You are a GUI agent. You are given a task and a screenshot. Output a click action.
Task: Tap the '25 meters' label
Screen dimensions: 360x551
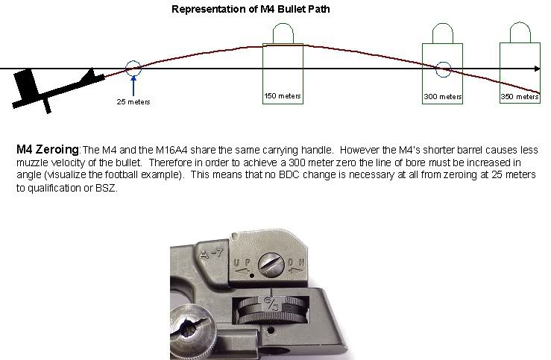pyautogui.click(x=133, y=101)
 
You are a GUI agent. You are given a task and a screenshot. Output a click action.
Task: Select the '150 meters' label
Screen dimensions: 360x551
pyautogui.click(x=283, y=96)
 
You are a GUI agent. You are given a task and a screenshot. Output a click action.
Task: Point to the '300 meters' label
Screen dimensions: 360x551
pyautogui.click(x=443, y=97)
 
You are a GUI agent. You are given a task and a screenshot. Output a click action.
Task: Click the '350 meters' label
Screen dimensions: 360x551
pyautogui.click(x=520, y=97)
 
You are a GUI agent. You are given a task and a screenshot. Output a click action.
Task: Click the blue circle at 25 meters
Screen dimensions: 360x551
pyautogui.click(x=133, y=69)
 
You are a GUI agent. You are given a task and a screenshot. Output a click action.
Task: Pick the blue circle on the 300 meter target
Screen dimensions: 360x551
pyautogui.click(x=443, y=69)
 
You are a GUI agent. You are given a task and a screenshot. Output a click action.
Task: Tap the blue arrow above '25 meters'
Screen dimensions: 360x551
pyautogui.click(x=133, y=85)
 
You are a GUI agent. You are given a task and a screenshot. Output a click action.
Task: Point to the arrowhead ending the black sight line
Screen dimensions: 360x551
pyautogui.click(x=537, y=69)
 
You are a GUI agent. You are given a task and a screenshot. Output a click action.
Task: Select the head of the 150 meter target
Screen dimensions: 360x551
pyautogui.click(x=283, y=34)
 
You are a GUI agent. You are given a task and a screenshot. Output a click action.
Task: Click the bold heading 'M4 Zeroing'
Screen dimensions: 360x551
pyautogui.click(x=47, y=150)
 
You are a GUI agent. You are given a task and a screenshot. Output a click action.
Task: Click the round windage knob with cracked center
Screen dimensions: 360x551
pyautogui.click(x=184, y=332)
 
